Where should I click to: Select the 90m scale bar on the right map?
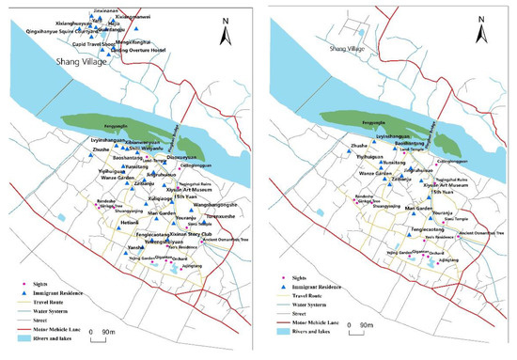pos(368,327)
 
